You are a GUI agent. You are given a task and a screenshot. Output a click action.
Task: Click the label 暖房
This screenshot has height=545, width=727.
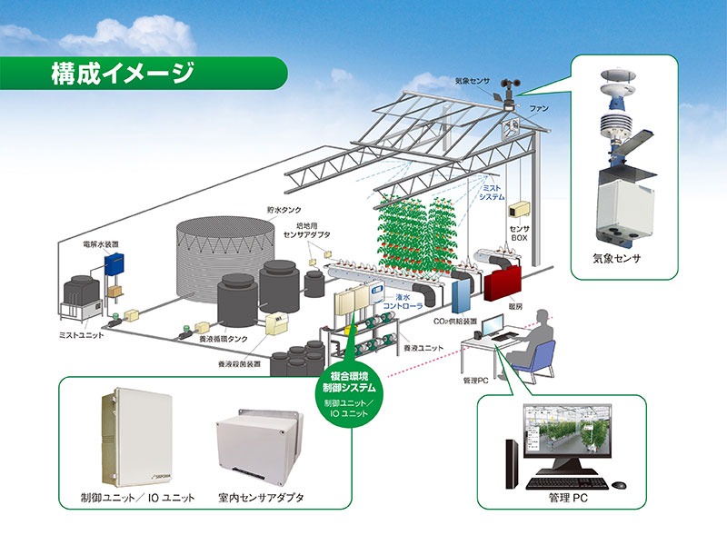[x=519, y=308]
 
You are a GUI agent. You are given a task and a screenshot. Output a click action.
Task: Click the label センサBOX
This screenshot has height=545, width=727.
[x=522, y=233]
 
